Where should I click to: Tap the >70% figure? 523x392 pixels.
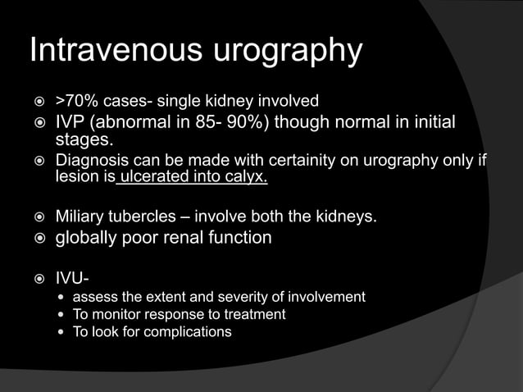(x=73, y=101)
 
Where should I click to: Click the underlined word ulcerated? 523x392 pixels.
(x=157, y=176)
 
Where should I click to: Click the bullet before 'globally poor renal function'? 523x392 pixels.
(x=36, y=239)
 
